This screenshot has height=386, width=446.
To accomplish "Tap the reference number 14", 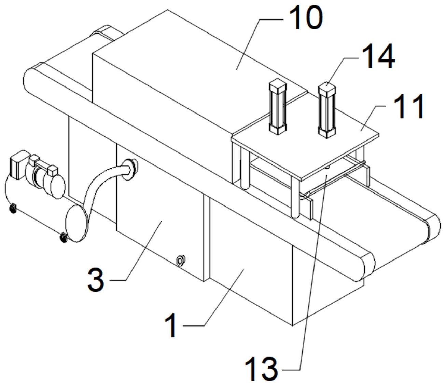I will pyautogui.click(x=378, y=57).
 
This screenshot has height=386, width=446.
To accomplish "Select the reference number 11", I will pyautogui.click(x=409, y=106).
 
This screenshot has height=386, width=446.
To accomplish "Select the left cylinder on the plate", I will pyautogui.click(x=278, y=106).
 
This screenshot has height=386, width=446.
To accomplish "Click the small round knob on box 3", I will pyautogui.click(x=180, y=261).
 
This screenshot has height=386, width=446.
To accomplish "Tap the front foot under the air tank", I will pyautogui.click(x=63, y=237).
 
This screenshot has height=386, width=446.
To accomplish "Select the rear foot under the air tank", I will pyautogui.click(x=13, y=208).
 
